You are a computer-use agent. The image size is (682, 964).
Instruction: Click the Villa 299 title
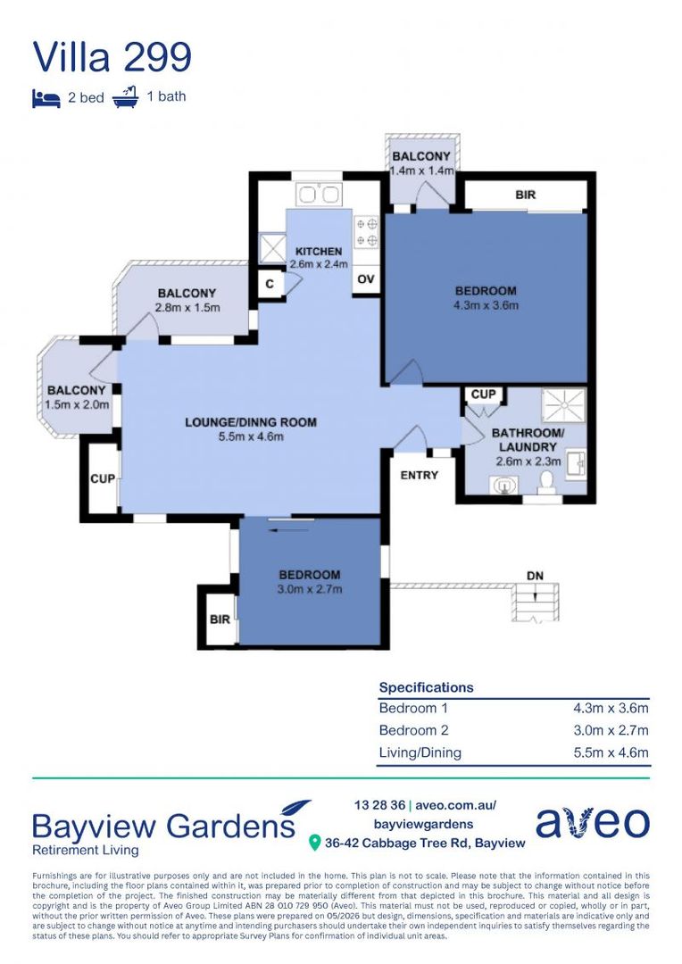112,56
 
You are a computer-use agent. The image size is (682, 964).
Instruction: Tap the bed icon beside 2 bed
46,98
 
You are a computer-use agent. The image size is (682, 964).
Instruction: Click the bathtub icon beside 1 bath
126,97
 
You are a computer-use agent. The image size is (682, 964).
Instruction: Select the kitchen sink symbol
319,195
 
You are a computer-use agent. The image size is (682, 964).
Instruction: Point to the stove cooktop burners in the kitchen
367,232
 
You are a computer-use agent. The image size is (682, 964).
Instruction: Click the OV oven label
366,279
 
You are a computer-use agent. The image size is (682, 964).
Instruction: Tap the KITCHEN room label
319,252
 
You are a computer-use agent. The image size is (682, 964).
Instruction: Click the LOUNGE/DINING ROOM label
251,422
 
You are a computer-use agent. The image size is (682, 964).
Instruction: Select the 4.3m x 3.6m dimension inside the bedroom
486,305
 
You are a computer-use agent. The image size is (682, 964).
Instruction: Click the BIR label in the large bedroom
525,195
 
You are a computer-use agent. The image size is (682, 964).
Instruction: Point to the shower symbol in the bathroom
563,405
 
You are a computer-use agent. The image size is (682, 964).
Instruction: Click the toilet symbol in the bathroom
545,482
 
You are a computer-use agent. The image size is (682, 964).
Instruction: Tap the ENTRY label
420,475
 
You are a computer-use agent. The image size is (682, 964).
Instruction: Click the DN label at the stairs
535,576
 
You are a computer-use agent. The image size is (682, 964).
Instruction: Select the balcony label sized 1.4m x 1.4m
422,163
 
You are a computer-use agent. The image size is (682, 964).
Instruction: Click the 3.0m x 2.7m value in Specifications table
611,730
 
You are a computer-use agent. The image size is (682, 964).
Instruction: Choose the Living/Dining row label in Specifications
420,752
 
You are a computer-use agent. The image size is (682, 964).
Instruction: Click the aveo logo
592,822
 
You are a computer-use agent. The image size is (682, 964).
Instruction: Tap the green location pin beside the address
315,843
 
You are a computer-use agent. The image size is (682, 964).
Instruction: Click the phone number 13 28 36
379,805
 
